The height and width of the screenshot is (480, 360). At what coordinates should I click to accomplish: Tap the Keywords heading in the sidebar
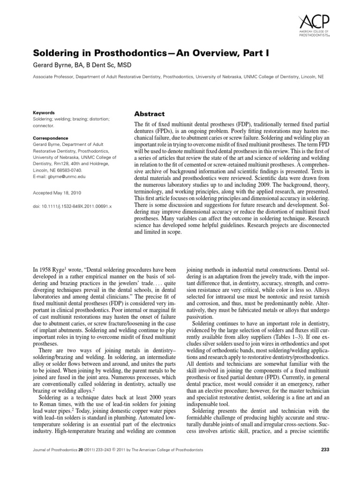44,113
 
